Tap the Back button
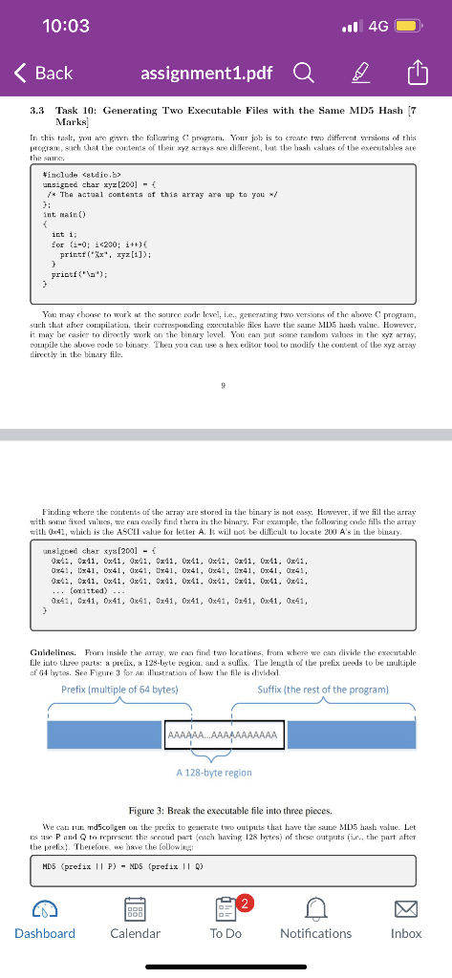click(x=42, y=73)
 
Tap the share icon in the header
click(x=418, y=73)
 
